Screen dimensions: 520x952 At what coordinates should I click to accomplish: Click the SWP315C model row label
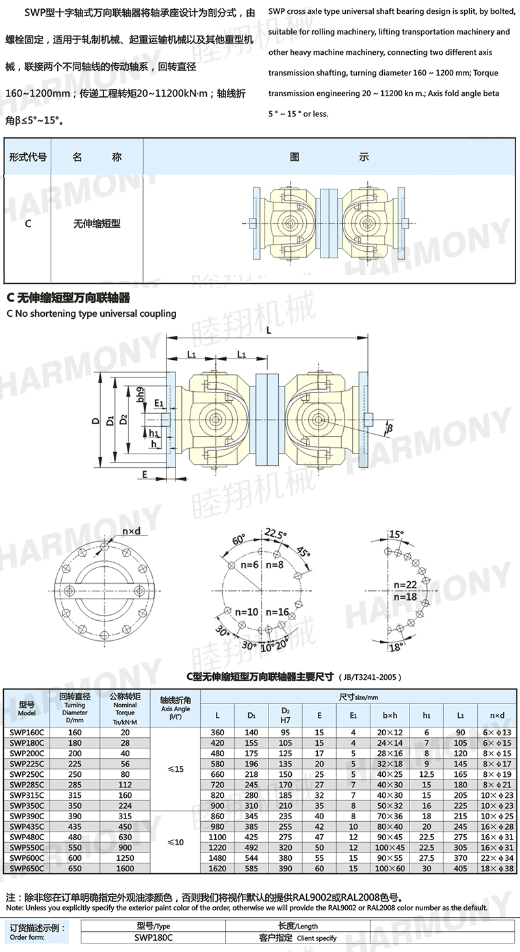(27, 795)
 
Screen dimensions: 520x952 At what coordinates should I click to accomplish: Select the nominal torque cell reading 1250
(125, 858)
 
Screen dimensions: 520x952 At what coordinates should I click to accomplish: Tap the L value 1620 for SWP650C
(217, 869)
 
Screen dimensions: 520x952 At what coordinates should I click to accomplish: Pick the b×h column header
(390, 716)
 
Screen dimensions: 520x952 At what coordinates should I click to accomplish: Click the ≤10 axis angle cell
(175, 842)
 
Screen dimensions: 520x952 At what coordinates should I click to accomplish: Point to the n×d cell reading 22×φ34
(497, 858)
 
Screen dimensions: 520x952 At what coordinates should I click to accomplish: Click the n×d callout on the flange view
(131, 531)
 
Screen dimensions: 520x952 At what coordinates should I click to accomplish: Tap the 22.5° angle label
(276, 534)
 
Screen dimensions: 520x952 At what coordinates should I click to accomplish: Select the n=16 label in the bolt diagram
(277, 612)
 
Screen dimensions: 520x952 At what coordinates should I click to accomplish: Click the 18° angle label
(396, 647)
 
